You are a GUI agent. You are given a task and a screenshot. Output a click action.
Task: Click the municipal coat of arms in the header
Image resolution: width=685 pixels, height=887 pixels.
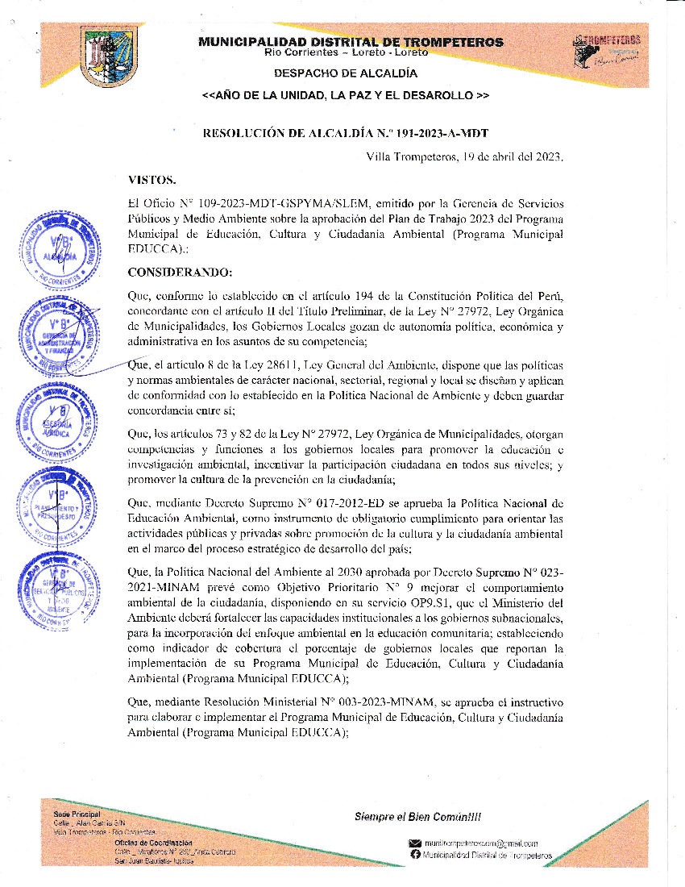(x=109, y=56)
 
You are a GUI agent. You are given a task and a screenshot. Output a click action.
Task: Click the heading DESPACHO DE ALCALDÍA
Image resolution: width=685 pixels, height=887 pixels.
(x=346, y=73)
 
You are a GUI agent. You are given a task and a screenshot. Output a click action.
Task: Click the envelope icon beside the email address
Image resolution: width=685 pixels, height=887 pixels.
(x=416, y=843)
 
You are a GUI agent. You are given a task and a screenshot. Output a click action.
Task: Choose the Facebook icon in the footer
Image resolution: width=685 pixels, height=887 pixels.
(x=416, y=855)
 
